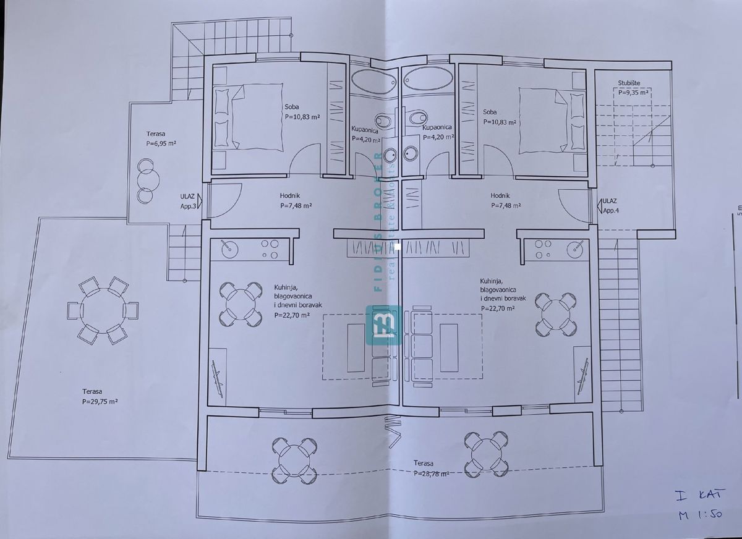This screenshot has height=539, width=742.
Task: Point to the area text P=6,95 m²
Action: (x=161, y=143)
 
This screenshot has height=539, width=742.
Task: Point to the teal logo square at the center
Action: (x=383, y=325)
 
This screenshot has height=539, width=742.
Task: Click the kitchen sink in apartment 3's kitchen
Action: (x=228, y=248)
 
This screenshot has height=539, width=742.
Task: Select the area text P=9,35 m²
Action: (x=633, y=92)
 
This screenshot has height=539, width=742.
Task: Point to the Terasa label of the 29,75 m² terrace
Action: (x=95, y=391)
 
